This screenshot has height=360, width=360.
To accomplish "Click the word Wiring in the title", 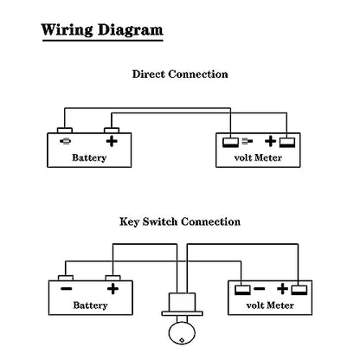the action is point(67,30).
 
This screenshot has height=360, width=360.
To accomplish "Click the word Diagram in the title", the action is point(131,30).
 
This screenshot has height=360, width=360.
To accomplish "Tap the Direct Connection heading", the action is point(180,74).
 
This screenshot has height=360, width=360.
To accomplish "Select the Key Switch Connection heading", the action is point(180,222).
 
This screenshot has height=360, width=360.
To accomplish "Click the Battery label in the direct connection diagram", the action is point(89,157).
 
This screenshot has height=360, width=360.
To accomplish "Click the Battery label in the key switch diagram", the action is point(90,305).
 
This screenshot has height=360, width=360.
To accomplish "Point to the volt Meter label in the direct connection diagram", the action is point(258,157).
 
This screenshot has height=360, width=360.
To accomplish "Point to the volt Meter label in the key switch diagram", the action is point(270,305).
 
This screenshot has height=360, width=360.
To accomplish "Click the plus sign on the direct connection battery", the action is point(112,141).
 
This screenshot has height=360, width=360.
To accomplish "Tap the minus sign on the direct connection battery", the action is point(66,141).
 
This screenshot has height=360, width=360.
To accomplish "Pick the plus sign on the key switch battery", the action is point(112,289).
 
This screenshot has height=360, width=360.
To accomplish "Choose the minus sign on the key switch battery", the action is point(67,289).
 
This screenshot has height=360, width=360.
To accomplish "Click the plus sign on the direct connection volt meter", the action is point(270,141).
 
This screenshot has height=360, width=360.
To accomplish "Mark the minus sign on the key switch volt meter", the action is point(260,288).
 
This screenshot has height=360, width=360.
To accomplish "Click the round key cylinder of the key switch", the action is point(182,333).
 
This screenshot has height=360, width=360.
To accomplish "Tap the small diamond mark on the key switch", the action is point(182,340).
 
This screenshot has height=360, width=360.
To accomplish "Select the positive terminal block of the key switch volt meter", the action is point(299,290).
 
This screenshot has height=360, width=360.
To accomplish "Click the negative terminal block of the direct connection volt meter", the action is point(231,143).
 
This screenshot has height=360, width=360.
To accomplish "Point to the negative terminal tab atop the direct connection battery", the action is point(65,131).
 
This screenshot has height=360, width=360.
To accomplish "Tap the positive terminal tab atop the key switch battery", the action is point(112,278).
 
